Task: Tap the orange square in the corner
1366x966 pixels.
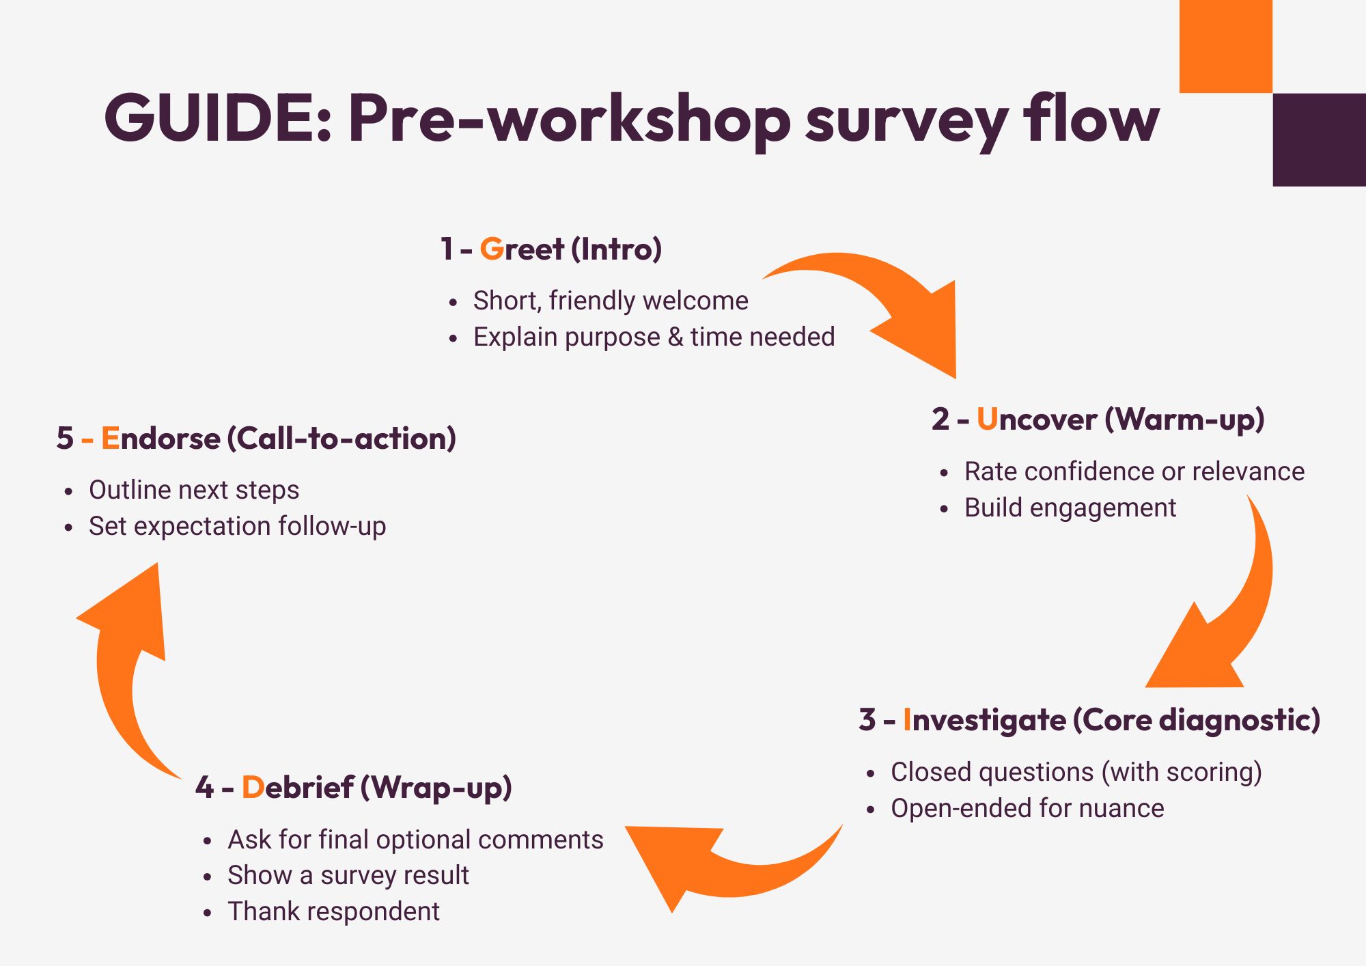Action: (1225, 46)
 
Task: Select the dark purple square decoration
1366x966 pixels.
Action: (1319, 140)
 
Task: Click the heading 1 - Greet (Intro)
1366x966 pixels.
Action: (550, 249)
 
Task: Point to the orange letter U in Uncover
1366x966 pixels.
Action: (987, 419)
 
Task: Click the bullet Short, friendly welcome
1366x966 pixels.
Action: (610, 301)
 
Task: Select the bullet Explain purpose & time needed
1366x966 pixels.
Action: (654, 337)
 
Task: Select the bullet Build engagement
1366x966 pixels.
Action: (1070, 508)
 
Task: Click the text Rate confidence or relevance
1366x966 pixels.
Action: (1134, 471)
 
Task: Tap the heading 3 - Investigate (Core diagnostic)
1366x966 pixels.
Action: (1089, 719)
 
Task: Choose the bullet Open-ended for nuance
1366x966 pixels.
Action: (1027, 808)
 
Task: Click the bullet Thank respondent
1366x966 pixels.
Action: (333, 911)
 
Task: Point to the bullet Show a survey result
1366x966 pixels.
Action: (348, 875)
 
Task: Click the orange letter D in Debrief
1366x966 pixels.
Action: (253, 787)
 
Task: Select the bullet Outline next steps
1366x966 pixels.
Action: (194, 490)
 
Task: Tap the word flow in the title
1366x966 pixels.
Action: (1091, 118)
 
